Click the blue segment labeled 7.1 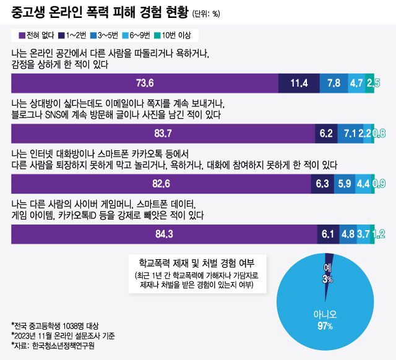(348, 133)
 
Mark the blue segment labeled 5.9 (343, 183)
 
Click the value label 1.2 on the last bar (379, 233)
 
